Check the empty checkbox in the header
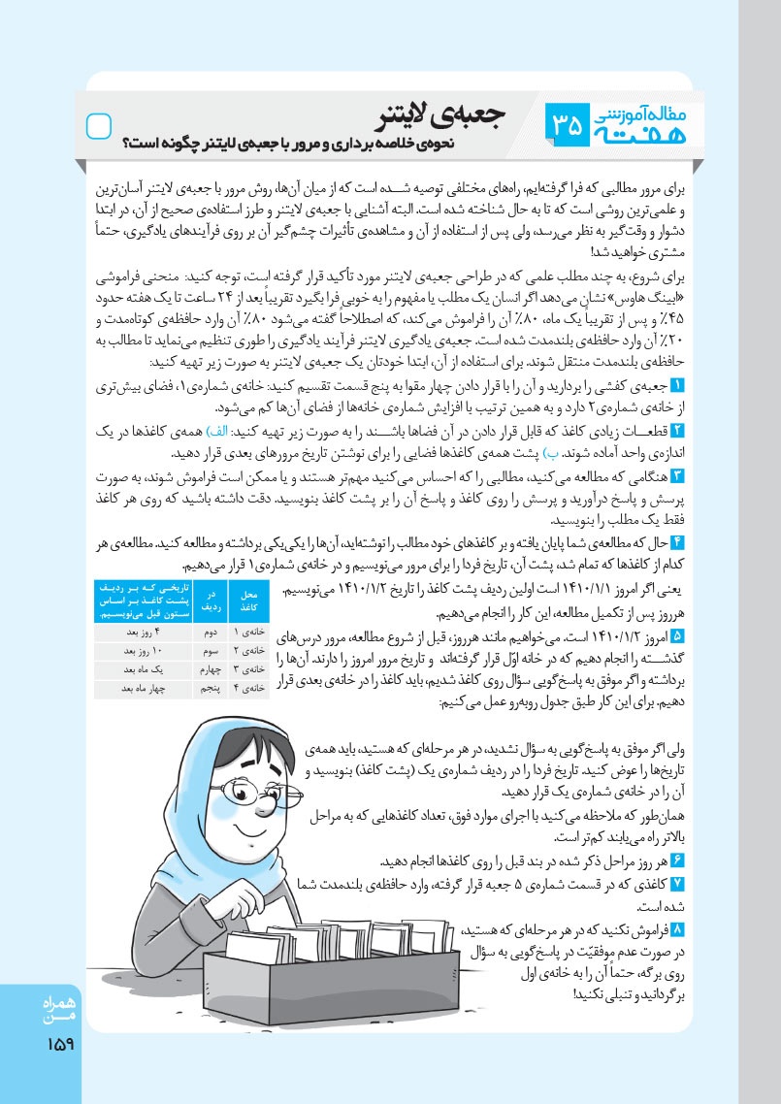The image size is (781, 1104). [x=100, y=126]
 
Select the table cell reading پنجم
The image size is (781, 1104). [x=205, y=687]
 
